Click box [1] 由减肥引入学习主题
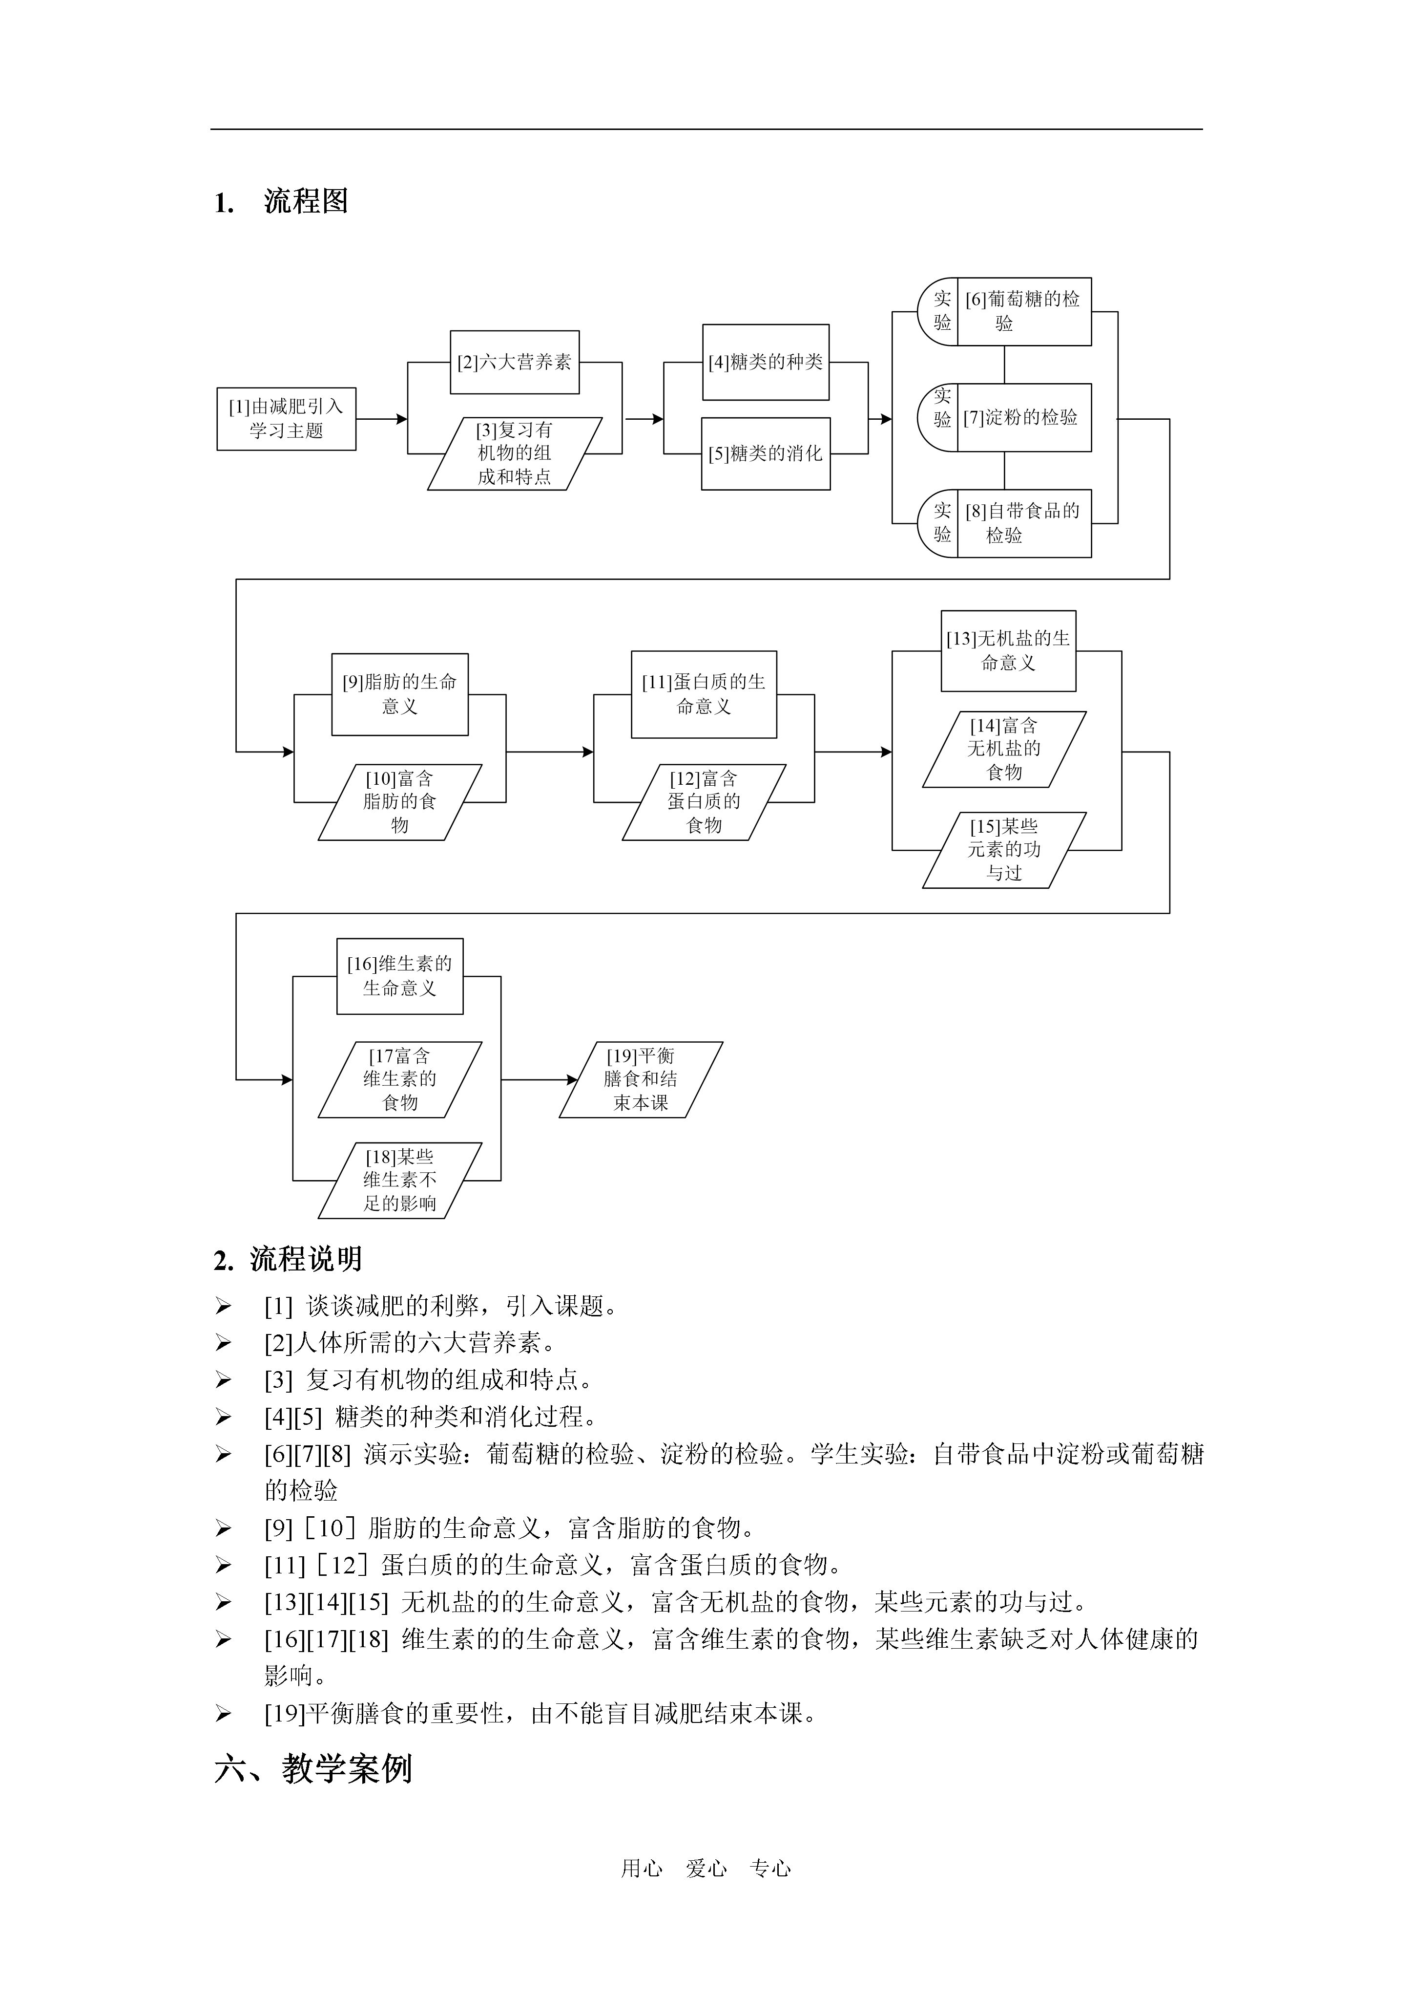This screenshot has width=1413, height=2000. pyautogui.click(x=287, y=419)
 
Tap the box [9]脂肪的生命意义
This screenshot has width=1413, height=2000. pyautogui.click(x=399, y=694)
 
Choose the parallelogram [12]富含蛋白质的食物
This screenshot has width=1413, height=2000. pyautogui.click(x=705, y=802)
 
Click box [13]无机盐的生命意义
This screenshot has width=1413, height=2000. pyautogui.click(x=1008, y=651)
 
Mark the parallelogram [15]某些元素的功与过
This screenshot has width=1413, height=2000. pyautogui.click(x=1005, y=850)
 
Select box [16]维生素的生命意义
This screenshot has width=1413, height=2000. pyautogui.click(x=399, y=976)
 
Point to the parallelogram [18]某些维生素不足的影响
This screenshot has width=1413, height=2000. pyautogui.click(x=399, y=1181)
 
